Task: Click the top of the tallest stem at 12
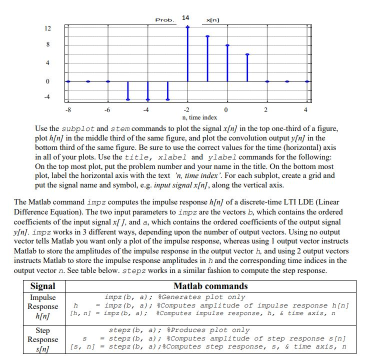187,27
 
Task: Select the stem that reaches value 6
247,67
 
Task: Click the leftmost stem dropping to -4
128,90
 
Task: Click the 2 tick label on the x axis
266,110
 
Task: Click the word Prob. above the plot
164,20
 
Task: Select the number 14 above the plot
185,18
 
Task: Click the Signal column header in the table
43,286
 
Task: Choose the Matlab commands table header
210,286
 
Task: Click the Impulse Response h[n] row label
43,306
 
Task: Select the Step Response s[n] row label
43,339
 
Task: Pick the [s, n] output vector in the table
82,346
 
